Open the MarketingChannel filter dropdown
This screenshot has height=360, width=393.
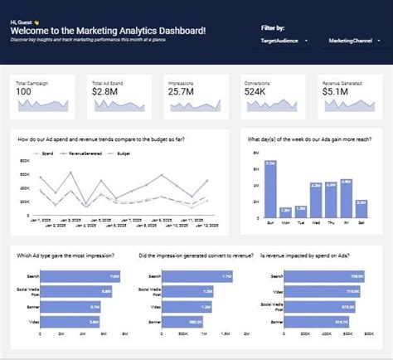pyautogui.click(x=352, y=41)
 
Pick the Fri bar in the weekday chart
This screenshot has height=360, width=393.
pyautogui.click(x=346, y=200)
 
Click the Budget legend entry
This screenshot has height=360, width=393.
pyautogui.click(x=123, y=154)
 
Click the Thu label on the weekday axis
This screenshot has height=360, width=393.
pyautogui.click(x=331, y=223)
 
